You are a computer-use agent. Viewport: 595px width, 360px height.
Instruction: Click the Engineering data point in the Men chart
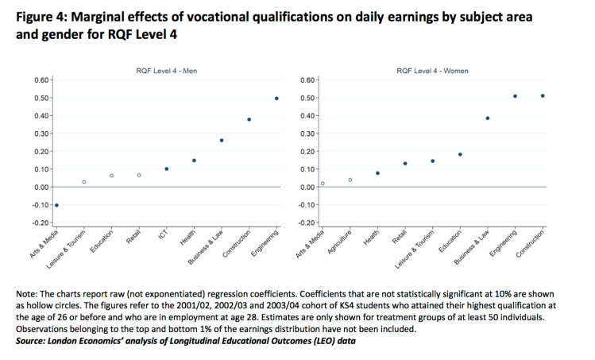click(x=276, y=99)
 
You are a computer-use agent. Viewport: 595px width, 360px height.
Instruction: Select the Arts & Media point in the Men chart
click(x=56, y=205)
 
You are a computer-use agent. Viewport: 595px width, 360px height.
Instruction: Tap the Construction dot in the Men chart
click(x=249, y=119)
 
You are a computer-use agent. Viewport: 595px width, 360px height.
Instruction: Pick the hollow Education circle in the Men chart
click(x=111, y=176)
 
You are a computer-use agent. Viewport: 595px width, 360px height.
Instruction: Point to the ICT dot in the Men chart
click(x=167, y=168)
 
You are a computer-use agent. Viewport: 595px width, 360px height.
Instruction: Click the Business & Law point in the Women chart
click(x=488, y=118)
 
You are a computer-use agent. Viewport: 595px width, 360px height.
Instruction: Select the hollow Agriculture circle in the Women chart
click(x=350, y=180)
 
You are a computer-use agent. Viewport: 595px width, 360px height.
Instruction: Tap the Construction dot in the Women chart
click(x=543, y=96)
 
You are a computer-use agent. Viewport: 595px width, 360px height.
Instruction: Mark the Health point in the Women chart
click(x=378, y=173)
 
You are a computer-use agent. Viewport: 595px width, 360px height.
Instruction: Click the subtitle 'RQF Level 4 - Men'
click(x=167, y=72)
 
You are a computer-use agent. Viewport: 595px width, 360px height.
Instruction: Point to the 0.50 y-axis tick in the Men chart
click(x=42, y=99)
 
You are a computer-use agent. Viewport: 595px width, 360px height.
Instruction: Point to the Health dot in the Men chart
click(x=194, y=161)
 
